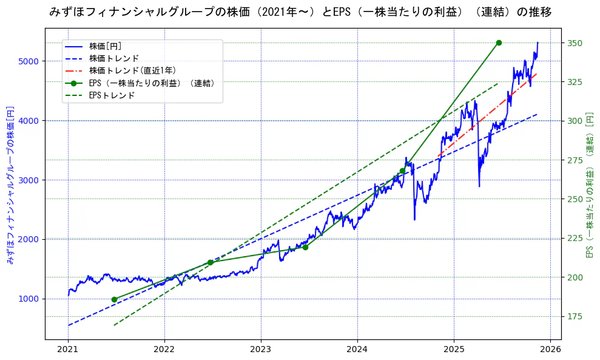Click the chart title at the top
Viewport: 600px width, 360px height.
pyautogui.click(x=300, y=12)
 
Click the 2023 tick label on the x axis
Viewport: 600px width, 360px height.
pyautogui.click(x=261, y=350)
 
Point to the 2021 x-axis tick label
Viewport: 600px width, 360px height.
pyautogui.click(x=68, y=350)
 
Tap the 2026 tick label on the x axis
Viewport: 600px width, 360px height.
pyautogui.click(x=550, y=350)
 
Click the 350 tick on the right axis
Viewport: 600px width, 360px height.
pyautogui.click(x=575, y=43)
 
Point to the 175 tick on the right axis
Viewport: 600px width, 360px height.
pyautogui.click(x=575, y=316)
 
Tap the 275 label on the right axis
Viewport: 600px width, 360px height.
pyautogui.click(x=575, y=160)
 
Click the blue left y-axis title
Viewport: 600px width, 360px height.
pyautogui.click(x=10, y=185)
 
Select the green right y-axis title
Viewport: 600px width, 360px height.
pyautogui.click(x=589, y=185)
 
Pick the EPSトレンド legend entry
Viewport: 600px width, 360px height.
pyautogui.click(x=112, y=95)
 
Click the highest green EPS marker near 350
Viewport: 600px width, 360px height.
pyautogui.click(x=499, y=42)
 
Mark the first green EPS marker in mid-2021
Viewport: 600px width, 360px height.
pyautogui.click(x=114, y=299)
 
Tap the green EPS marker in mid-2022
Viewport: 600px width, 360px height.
pyautogui.click(x=210, y=262)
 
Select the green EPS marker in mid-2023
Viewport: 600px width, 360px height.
pyautogui.click(x=305, y=247)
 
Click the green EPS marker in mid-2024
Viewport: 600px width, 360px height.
pyautogui.click(x=402, y=171)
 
